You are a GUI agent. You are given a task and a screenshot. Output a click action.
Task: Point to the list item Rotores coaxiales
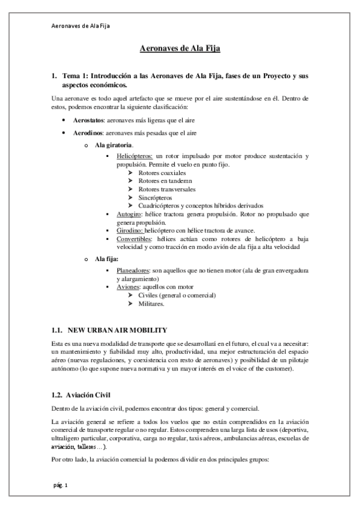162,173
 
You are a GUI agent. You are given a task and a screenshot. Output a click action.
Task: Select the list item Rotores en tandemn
163,180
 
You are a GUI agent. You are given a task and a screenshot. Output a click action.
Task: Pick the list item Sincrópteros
155,197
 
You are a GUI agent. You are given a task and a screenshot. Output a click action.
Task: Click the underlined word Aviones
129,287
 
